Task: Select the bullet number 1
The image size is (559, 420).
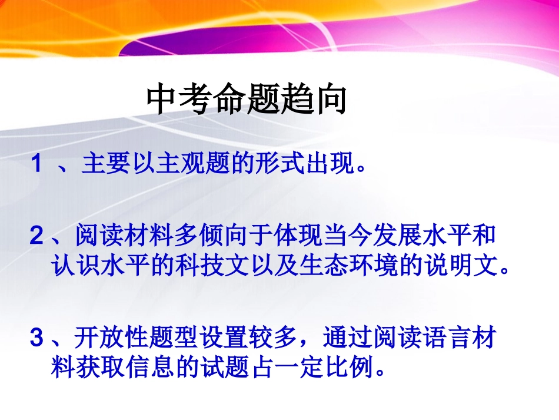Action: coord(36,164)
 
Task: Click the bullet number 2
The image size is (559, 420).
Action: coord(36,237)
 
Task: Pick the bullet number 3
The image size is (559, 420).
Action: coord(36,338)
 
